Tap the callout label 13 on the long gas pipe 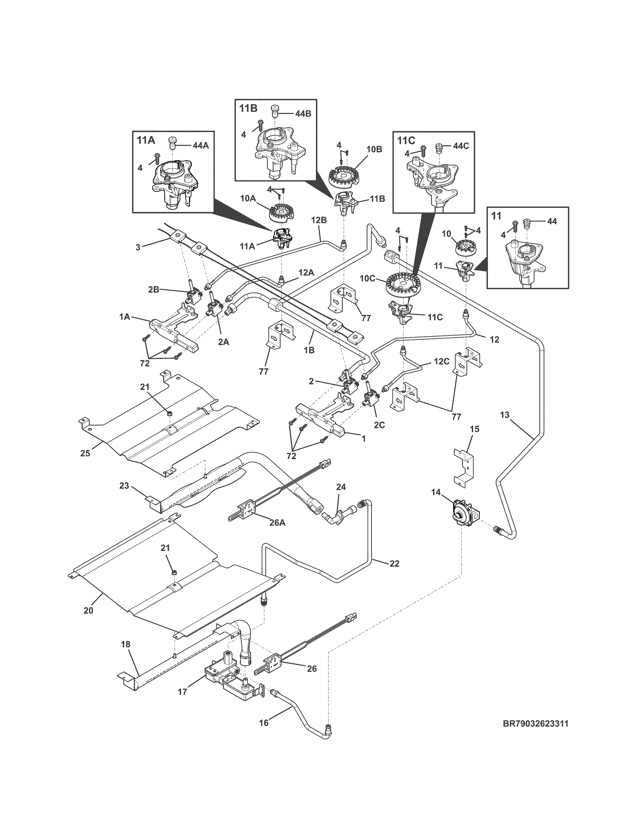[x=505, y=415]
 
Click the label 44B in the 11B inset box [x=303, y=113]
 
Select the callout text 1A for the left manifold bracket [x=125, y=317]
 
